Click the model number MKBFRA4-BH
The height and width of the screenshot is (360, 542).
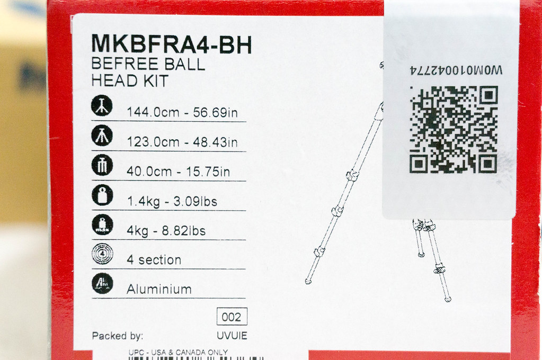pyautogui.click(x=172, y=44)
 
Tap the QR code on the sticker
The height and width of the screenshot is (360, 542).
pyautogui.click(x=454, y=130)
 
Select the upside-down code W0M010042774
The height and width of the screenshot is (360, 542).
pyautogui.click(x=456, y=70)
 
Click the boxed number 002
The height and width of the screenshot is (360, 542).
pyautogui.click(x=232, y=317)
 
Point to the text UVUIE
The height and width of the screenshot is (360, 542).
pyautogui.click(x=232, y=336)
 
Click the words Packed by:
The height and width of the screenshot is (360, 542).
pyautogui.click(x=117, y=336)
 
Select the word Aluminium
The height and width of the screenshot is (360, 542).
pyautogui.click(x=159, y=289)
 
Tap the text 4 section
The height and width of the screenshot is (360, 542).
pyautogui.click(x=154, y=260)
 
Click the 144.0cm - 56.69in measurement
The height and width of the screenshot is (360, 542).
pyautogui.click(x=182, y=112)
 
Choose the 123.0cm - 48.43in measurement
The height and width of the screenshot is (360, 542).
pyautogui.click(x=182, y=142)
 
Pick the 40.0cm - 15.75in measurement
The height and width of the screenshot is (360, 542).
pyautogui.click(x=178, y=172)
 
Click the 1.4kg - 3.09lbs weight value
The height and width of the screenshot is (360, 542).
pyautogui.click(x=172, y=201)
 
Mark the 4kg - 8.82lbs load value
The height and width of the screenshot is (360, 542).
pyautogui.click(x=166, y=230)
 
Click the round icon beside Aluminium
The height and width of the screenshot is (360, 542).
pyautogui.click(x=102, y=283)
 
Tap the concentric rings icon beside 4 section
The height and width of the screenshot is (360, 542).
pyautogui.click(x=102, y=254)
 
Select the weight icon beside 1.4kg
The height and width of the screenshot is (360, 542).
pyautogui.click(x=102, y=195)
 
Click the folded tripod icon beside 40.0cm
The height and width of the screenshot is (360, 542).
pyautogui.click(x=102, y=165)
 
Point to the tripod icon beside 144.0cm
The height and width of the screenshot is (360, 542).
pyautogui.click(x=102, y=105)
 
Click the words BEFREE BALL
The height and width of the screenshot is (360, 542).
pyautogui.click(x=148, y=64)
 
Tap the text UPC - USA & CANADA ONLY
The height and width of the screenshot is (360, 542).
pyautogui.click(x=178, y=353)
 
